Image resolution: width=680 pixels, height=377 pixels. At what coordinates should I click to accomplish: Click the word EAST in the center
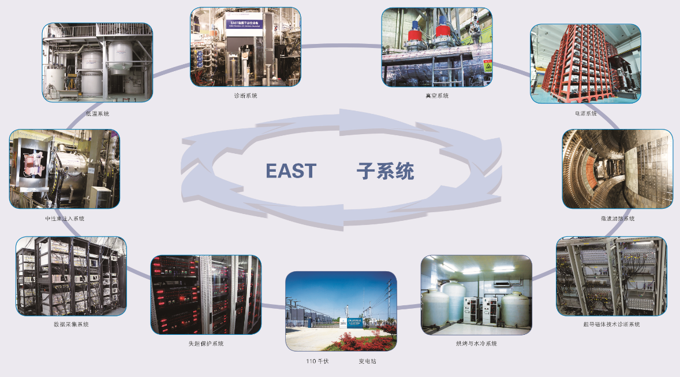(291, 171)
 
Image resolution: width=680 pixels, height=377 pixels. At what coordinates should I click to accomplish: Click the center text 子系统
(385, 171)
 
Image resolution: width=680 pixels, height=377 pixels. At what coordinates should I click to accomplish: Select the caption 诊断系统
(245, 95)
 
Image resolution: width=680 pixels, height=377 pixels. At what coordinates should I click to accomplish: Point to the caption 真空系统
(436, 95)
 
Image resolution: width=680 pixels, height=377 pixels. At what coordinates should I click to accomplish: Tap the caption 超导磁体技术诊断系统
(611, 324)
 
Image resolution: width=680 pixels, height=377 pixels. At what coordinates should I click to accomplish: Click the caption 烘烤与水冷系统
(476, 343)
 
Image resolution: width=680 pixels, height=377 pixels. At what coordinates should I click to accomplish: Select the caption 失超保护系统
(206, 343)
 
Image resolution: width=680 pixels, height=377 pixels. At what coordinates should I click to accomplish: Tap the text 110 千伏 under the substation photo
(317, 361)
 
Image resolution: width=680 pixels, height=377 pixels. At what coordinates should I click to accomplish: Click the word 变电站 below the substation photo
(367, 361)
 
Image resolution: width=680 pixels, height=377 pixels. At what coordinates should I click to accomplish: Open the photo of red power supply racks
(585, 64)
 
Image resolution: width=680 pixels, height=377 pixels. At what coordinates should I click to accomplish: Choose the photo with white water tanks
(476, 295)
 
